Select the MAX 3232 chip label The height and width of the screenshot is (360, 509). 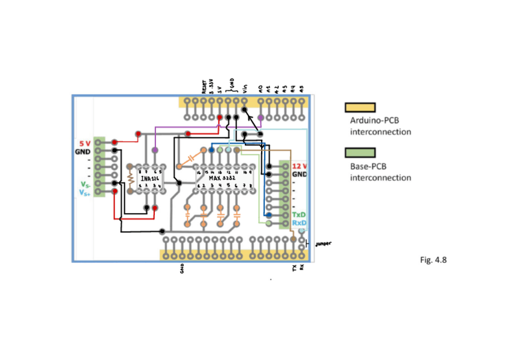221,179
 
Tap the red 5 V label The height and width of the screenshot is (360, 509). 85,143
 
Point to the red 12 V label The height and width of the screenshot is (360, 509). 300,166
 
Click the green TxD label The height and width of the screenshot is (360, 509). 298,215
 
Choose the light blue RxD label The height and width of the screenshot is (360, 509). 299,223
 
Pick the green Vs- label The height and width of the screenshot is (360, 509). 86,185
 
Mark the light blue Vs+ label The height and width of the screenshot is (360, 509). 86,193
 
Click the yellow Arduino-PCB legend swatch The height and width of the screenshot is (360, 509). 360,107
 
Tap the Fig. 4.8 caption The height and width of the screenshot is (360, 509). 433,260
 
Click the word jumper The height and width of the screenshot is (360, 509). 323,244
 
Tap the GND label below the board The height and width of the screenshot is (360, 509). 182,270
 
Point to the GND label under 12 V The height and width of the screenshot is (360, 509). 300,175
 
